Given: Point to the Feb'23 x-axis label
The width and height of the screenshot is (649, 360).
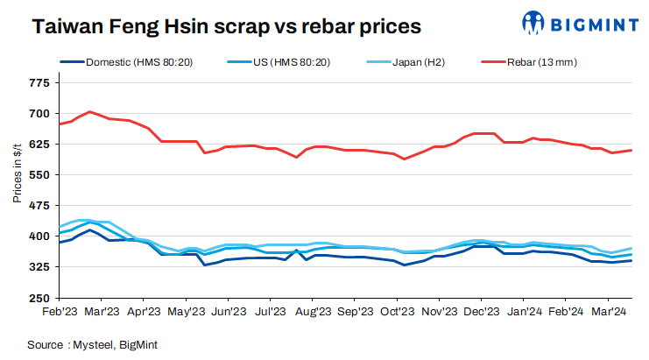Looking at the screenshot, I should (x=59, y=311).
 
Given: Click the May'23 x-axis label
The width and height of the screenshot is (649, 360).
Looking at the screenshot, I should (x=186, y=311).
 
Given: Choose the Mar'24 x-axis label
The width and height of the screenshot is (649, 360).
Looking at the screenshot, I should (x=610, y=311).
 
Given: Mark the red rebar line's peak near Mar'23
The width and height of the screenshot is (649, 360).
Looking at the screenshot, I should (x=90, y=112).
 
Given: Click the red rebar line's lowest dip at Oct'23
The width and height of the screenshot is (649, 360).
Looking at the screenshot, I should (x=404, y=159).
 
